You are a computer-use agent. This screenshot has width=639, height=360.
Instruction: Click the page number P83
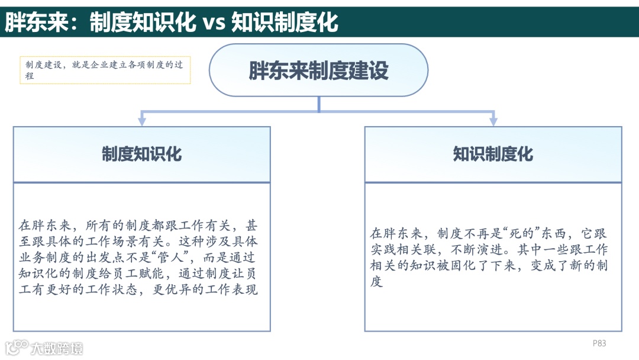[599, 343]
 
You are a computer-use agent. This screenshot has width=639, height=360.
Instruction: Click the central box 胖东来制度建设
[318, 70]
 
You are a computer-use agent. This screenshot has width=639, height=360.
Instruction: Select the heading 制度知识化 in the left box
[141, 154]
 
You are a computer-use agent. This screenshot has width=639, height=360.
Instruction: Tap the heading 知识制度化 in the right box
[493, 154]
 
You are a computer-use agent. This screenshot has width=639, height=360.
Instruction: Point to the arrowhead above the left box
[142, 120]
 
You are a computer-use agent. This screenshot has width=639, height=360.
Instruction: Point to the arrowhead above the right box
[493, 120]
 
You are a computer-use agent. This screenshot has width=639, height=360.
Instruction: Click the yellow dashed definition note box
[105, 70]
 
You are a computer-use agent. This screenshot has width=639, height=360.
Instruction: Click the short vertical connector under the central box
[319, 104]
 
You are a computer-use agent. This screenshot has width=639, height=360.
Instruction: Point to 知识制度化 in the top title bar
[285, 22]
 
